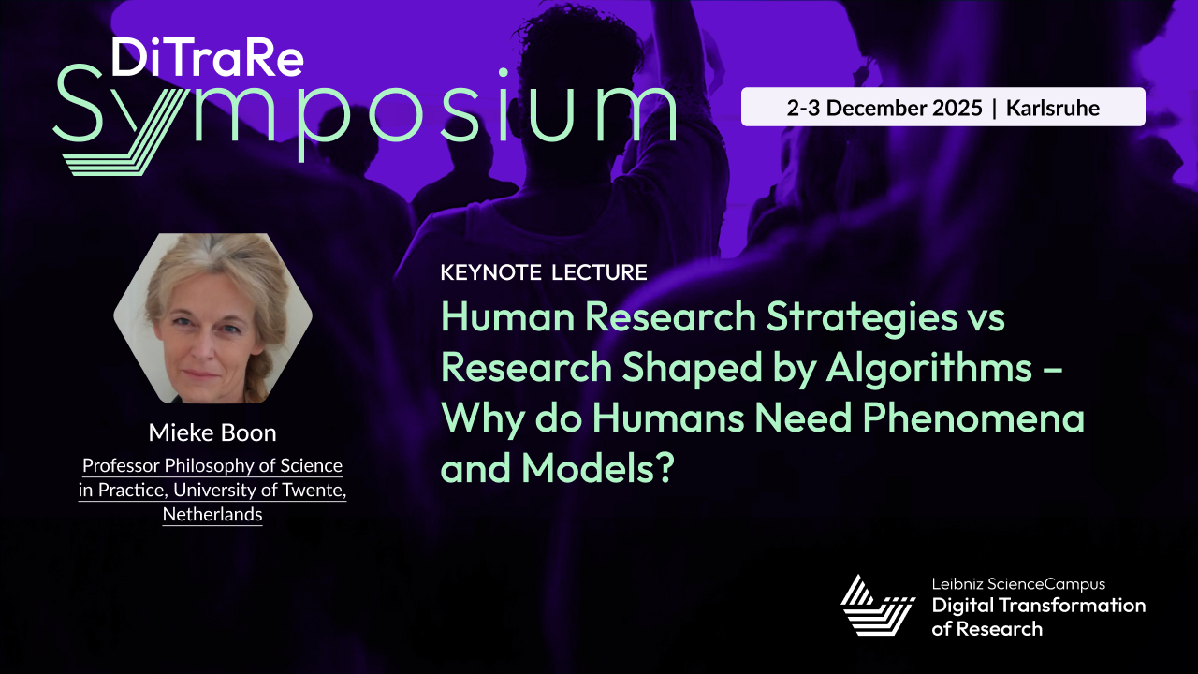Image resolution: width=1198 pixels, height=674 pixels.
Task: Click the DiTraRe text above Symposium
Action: point(207,58)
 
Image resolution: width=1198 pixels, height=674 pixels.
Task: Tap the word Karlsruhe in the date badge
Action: point(1053,108)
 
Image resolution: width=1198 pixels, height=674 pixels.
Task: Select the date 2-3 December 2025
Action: point(884,108)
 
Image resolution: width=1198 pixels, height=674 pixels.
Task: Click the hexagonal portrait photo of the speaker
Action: point(212,318)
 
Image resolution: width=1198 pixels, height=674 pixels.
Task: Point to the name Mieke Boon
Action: point(212,432)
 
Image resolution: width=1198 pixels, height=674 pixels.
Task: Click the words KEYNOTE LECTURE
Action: point(544,272)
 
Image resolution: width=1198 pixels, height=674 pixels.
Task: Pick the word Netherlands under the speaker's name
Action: point(212,515)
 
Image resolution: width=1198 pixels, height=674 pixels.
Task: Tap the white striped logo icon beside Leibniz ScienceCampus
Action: point(877,606)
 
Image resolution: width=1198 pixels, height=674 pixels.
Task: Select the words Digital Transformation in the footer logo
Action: point(1038,606)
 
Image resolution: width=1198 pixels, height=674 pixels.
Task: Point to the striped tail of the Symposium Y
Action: point(112,150)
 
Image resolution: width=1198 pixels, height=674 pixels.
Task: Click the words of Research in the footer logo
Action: point(986,629)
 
